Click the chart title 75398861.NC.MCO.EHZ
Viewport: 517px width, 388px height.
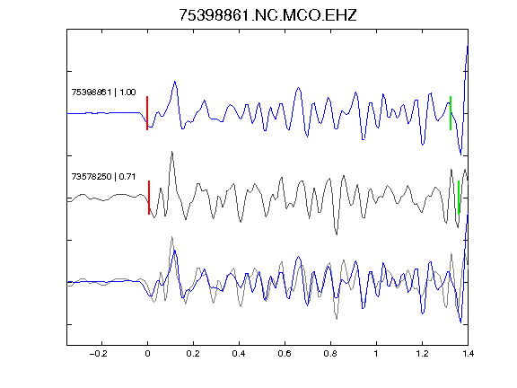point(267,15)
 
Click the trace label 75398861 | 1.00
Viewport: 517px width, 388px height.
point(103,92)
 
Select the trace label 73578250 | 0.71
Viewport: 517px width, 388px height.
point(103,177)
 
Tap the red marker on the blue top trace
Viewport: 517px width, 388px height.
point(147,113)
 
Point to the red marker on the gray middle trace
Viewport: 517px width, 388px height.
point(149,198)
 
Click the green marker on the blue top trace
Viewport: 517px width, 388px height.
point(451,113)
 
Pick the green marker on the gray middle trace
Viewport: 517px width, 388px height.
point(459,198)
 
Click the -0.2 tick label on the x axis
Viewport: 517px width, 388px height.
point(99,354)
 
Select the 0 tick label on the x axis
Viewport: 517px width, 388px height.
point(147,354)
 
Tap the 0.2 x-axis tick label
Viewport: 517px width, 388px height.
point(193,354)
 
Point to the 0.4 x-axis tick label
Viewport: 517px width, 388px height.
point(239,354)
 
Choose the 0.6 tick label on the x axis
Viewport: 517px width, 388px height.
point(285,354)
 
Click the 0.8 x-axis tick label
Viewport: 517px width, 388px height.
point(330,354)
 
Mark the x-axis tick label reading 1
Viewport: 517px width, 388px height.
point(376,354)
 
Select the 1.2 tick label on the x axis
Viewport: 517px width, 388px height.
point(422,354)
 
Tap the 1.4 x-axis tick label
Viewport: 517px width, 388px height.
point(468,354)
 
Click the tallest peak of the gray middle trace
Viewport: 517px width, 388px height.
point(172,152)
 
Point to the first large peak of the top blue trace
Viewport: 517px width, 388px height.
point(175,82)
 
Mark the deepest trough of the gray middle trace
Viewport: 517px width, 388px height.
point(337,234)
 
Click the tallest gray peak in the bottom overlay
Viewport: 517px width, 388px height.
point(172,237)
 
